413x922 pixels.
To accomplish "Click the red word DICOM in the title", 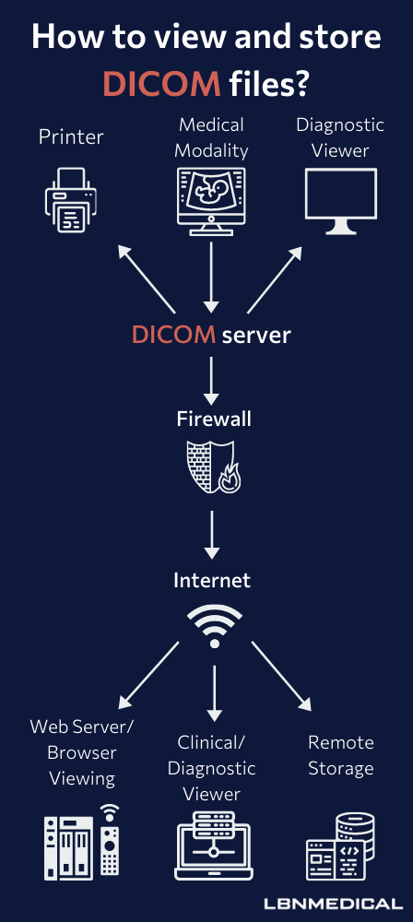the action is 161,84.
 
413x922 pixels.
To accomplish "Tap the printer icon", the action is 70,200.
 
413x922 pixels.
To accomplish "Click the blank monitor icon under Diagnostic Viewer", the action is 341,201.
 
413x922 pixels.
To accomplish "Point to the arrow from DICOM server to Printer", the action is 147,279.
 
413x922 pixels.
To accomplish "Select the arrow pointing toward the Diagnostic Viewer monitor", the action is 275,279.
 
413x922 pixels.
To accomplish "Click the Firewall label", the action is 214,419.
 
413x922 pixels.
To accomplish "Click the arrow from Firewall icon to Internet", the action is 212,535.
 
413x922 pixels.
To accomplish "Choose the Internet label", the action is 212,580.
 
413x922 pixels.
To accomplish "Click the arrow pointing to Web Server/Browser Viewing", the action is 148,675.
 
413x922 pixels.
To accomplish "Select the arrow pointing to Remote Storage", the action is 281,676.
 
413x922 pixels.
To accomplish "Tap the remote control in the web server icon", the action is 110,845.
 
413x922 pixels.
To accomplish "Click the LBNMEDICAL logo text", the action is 333,904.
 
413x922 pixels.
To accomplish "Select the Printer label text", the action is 71,137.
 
